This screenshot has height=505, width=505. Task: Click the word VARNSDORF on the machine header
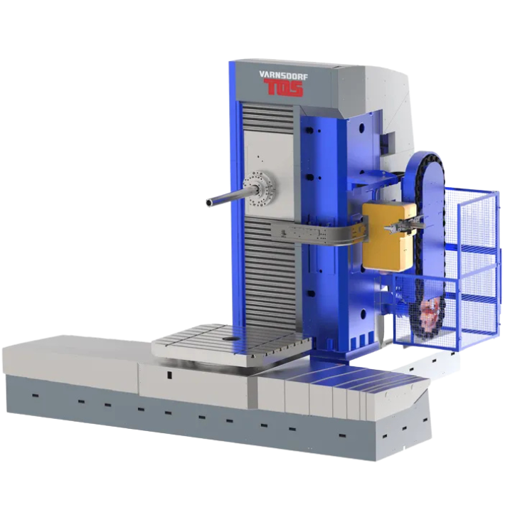[280, 76]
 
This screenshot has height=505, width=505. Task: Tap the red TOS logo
[283, 88]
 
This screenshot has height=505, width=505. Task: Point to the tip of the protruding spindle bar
[208, 203]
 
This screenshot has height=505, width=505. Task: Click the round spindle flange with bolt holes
[259, 186]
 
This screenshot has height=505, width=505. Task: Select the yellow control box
[388, 235]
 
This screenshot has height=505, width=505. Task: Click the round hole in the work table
[230, 339]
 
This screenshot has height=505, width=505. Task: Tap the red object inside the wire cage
[429, 311]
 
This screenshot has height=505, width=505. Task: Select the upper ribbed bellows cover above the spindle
[267, 116]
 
